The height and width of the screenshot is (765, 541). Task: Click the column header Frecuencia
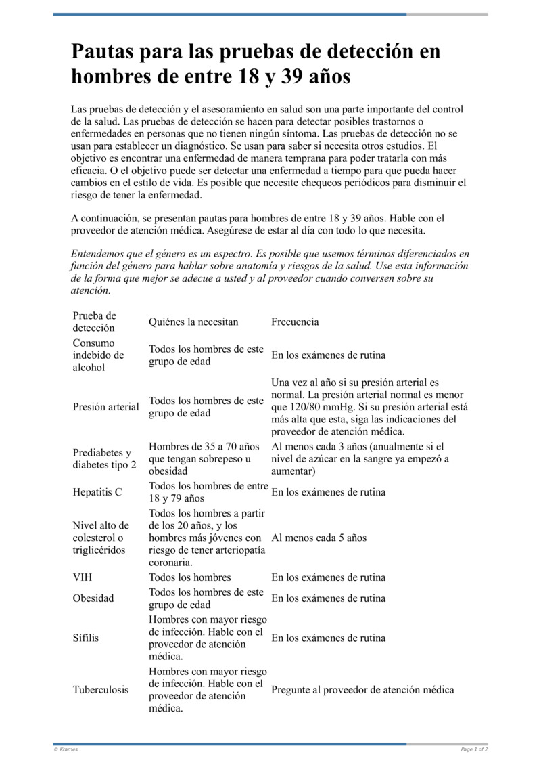point(295,322)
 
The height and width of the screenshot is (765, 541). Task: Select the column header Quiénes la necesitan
point(193,322)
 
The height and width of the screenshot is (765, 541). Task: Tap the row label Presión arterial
point(106,407)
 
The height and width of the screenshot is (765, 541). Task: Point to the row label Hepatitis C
point(97,492)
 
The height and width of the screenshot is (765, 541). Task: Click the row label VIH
point(83,577)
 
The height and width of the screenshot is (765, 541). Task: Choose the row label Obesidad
point(93,598)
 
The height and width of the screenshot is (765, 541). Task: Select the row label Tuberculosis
point(101,690)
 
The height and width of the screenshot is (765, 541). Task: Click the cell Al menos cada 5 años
point(319,538)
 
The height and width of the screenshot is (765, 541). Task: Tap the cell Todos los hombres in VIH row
point(190,577)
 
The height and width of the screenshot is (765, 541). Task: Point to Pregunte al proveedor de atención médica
point(362,690)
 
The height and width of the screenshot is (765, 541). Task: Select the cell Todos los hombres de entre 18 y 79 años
point(208,492)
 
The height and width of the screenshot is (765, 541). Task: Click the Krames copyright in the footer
point(66,749)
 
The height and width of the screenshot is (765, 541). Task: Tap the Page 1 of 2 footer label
point(474,749)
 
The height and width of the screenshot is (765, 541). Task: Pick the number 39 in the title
point(291,76)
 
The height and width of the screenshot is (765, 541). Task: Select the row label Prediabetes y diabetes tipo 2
point(104,459)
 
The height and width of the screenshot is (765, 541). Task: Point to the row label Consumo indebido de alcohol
point(99,355)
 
